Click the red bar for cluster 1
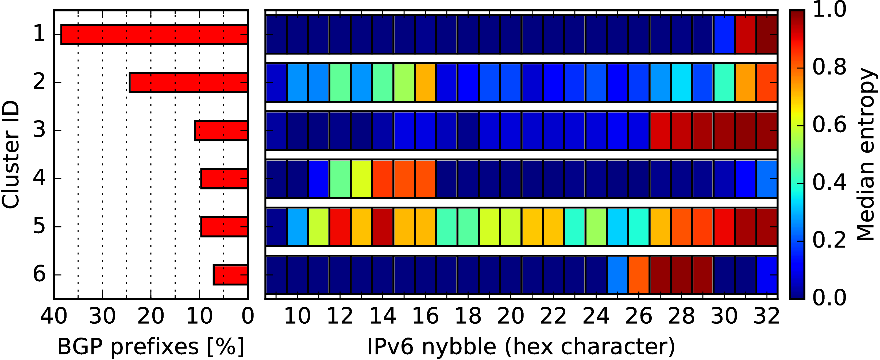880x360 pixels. pos(154,34)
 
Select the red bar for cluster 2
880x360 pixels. pos(188,82)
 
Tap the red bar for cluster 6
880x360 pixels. pos(230,275)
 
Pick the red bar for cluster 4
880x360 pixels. pos(224,178)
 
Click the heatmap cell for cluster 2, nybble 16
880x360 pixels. pos(425,82)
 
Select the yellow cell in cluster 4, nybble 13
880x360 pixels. pos(361,178)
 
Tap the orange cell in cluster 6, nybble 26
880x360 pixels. pos(638,275)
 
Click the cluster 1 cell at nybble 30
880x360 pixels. pos(724,34)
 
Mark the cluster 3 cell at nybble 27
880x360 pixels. pos(660,130)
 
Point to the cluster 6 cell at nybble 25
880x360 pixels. pos(617,275)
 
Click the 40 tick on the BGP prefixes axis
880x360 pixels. pos(54,316)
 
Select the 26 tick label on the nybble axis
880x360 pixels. pos(638,316)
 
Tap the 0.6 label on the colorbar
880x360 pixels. pos(829,125)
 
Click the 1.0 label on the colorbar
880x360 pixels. pos(829,10)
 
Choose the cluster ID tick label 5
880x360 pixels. pos(39,226)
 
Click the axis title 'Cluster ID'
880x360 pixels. pos(10,154)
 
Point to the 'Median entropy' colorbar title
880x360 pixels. pos(866,154)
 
